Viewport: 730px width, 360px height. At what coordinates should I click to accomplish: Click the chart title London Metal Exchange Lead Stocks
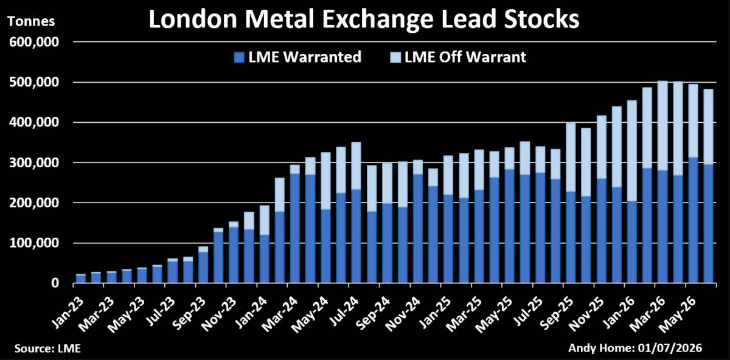coord(364,19)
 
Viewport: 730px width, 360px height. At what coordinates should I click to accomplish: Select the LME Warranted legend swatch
coord(239,58)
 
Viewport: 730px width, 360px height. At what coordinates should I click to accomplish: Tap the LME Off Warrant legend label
coord(465,57)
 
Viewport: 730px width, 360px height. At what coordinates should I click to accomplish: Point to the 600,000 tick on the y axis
coord(34,42)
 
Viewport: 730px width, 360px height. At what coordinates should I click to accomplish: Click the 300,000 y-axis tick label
coord(34,162)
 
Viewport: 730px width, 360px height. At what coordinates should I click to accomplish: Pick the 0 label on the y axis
coord(55,283)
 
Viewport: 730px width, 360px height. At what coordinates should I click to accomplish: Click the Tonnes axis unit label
coord(31,21)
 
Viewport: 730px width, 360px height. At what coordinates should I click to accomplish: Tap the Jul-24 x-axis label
coord(344,311)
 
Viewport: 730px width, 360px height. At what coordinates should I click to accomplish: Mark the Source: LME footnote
coord(47,348)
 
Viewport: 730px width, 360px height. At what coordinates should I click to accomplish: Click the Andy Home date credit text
coord(635,348)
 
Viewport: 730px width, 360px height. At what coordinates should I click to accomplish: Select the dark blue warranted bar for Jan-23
coord(80,279)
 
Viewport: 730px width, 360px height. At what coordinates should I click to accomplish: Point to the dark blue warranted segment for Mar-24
coord(295,229)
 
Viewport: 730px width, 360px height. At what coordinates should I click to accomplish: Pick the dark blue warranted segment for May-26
coord(693,221)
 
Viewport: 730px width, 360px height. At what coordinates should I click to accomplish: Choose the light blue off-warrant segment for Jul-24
coord(356,166)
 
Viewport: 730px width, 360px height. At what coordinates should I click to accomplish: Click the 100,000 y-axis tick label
coord(34,243)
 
